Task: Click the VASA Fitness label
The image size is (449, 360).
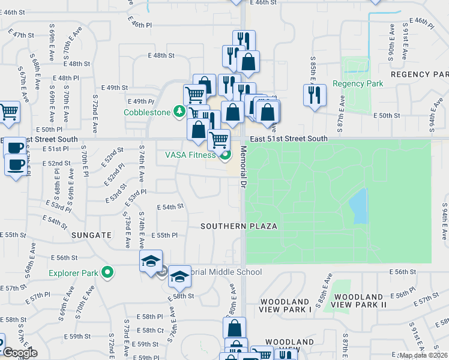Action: click(x=190, y=155)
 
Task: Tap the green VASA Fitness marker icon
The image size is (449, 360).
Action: click(x=225, y=157)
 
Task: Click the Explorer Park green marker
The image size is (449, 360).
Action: click(x=107, y=273)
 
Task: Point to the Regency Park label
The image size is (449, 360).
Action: click(x=358, y=84)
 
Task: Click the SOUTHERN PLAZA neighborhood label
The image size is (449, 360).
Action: click(x=239, y=226)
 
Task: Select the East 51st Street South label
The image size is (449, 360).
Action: click(x=289, y=139)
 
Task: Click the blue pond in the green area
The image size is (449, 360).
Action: click(x=358, y=206)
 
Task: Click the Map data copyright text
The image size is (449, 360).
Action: click(x=423, y=355)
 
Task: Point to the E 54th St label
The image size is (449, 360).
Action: click(x=170, y=207)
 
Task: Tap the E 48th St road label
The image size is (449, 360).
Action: click(x=160, y=55)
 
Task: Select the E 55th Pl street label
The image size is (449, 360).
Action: click(x=167, y=235)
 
